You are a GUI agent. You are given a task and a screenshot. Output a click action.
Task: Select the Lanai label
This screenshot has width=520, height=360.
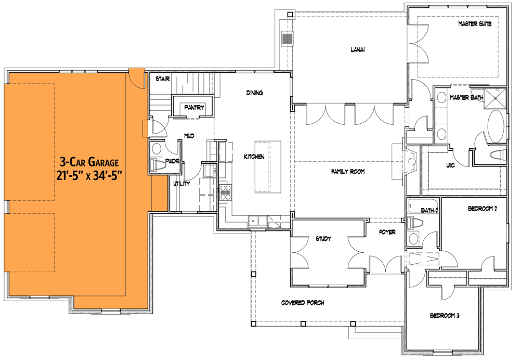(357, 50)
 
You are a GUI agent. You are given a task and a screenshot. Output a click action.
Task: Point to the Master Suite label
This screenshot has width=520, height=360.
(474, 24)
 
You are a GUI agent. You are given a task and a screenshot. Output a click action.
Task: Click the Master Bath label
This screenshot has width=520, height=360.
(466, 97)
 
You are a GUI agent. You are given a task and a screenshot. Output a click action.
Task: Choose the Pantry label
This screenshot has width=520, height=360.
(194, 108)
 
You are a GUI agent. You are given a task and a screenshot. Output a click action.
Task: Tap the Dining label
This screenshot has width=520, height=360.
(254, 93)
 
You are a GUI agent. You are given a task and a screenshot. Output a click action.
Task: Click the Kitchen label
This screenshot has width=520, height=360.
(254, 157)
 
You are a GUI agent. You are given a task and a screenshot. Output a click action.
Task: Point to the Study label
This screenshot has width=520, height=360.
(323, 239)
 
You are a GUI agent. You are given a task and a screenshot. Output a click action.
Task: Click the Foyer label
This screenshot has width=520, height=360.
(387, 232)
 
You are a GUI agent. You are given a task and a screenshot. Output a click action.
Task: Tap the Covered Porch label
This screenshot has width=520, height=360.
(303, 302)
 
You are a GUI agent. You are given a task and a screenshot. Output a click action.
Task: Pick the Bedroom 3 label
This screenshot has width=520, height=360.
(444, 315)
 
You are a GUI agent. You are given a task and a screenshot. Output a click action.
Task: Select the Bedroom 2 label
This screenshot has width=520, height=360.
(483, 209)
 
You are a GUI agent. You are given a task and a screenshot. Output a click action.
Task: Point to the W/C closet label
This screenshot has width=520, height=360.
(450, 166)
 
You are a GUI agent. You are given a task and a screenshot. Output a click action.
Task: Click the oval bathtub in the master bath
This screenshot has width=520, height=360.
(496, 125)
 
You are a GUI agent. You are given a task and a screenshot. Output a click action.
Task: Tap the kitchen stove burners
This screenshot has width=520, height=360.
(225, 192)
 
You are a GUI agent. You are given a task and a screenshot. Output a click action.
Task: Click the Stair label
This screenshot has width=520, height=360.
(163, 79)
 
